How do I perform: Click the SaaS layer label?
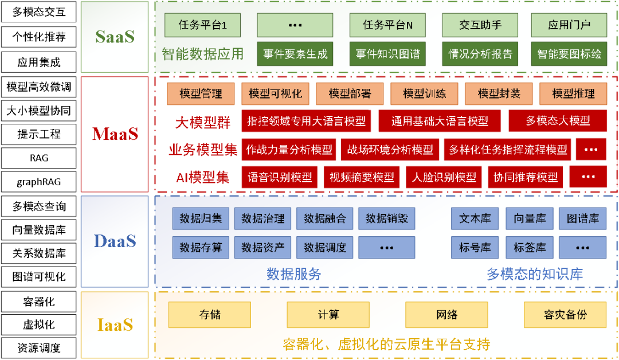(115, 37)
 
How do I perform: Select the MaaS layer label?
(115, 134)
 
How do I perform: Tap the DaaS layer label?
(115, 241)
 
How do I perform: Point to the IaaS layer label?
(115, 324)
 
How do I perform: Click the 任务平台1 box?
(202, 25)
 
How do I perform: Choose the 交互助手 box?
(480, 25)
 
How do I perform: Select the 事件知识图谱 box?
(387, 54)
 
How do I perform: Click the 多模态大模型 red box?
(558, 121)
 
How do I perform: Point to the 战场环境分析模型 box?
(390, 150)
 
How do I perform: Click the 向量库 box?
(529, 218)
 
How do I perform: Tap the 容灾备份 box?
(565, 315)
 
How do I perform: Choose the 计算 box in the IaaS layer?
(328, 315)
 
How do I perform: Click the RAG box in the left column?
(39, 158)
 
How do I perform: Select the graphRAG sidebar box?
(39, 182)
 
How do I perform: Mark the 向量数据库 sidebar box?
(39, 230)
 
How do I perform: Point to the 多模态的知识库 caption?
(535, 274)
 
